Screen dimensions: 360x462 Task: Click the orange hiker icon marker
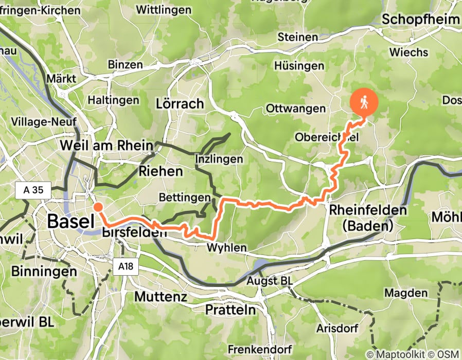[x=364, y=102]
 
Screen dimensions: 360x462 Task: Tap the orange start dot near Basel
[x=97, y=207]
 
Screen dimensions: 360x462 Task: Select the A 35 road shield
[x=33, y=190]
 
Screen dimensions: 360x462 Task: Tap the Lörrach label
[x=180, y=104]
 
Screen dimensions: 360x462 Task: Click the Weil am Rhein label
[x=106, y=145]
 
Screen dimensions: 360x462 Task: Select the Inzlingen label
[x=219, y=159]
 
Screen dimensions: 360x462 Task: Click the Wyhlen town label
[x=226, y=248]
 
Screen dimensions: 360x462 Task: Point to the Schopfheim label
[x=420, y=20]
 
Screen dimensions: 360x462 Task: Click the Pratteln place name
[x=230, y=310]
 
